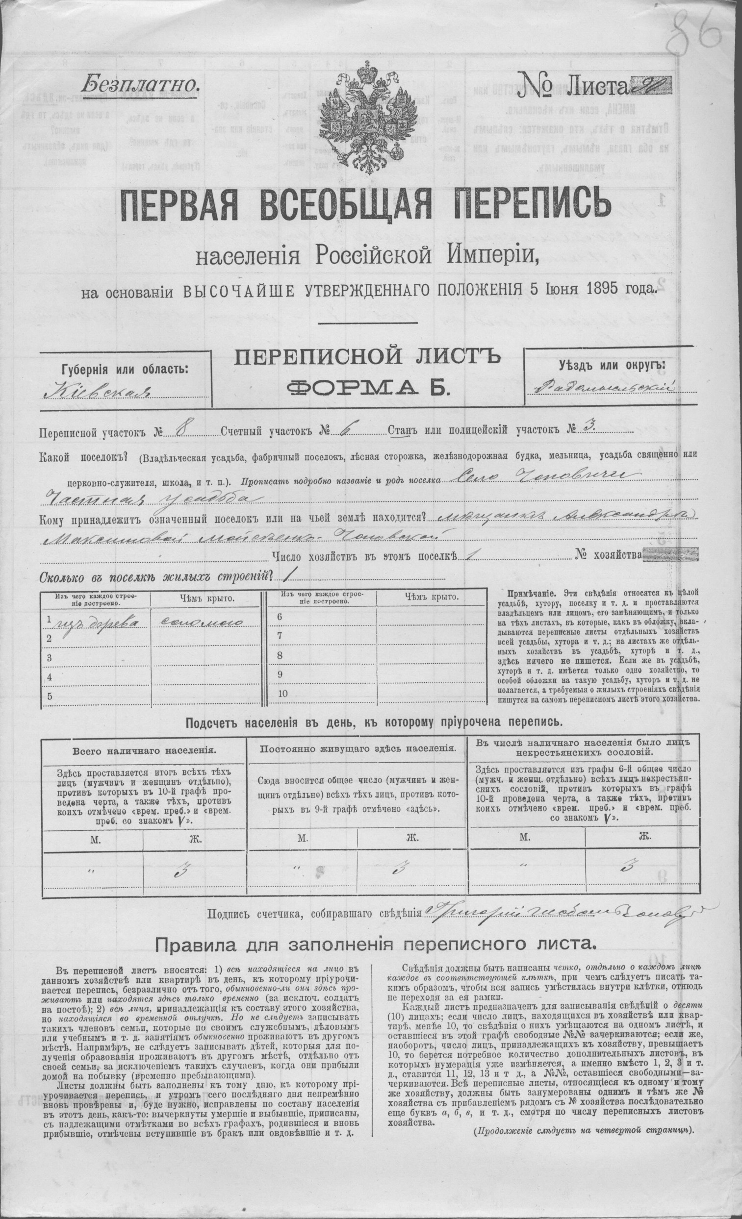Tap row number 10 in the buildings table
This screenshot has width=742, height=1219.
click(283, 694)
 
